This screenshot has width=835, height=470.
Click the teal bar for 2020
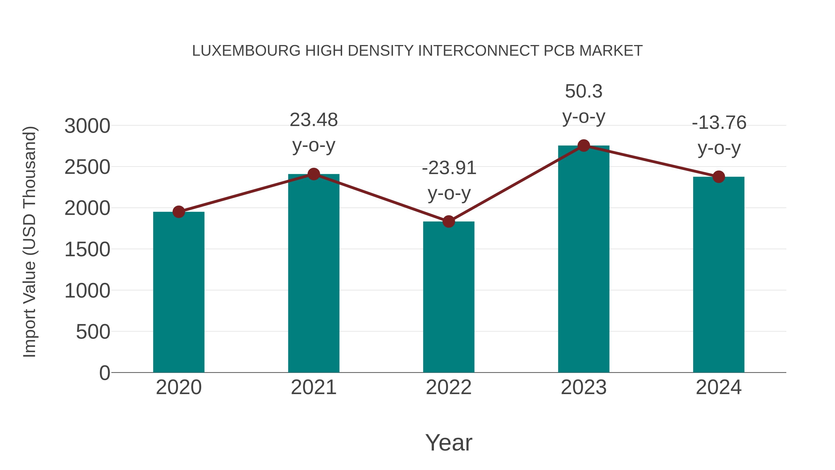pyautogui.click(x=179, y=292)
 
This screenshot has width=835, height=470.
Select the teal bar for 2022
pyautogui.click(x=449, y=297)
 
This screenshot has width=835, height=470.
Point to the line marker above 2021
pyautogui.click(x=313, y=174)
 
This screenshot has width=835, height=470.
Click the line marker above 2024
pyautogui.click(x=719, y=177)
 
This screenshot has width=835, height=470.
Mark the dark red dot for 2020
pyautogui.click(x=179, y=212)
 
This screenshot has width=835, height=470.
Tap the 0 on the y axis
pyautogui.click(x=104, y=373)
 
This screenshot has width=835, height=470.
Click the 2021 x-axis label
pyautogui.click(x=313, y=387)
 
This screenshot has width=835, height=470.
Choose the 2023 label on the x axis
pyautogui.click(x=584, y=387)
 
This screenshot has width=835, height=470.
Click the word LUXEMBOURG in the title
pyautogui.click(x=246, y=51)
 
